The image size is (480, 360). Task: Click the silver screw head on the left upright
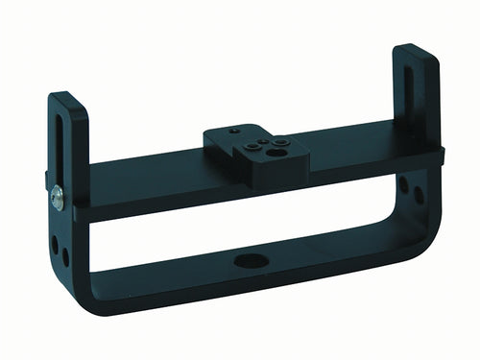58,198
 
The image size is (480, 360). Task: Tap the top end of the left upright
67,99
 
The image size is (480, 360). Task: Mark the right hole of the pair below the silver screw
65,255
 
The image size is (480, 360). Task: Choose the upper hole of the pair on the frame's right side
404,181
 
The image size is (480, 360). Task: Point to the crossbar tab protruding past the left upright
47,182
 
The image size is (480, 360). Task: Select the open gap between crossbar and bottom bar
240,216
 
